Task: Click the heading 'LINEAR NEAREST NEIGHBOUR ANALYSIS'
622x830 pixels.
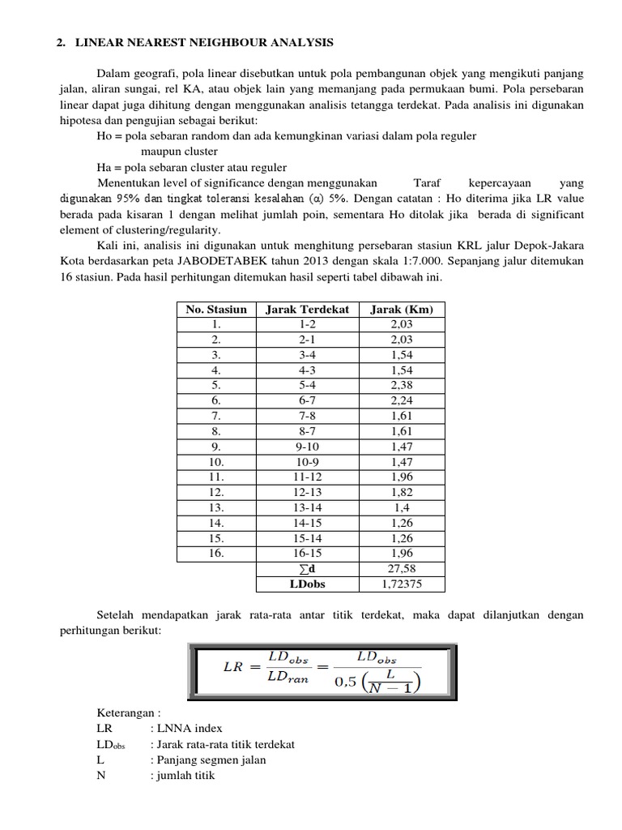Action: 204,41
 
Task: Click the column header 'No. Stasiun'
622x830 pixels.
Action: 215,309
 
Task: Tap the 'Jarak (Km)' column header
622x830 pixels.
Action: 402,309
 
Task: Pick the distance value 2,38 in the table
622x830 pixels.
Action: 402,385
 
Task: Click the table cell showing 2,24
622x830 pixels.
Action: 402,400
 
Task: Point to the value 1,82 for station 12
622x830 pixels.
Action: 402,492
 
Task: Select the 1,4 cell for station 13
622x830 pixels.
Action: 402,507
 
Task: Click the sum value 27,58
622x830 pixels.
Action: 402,568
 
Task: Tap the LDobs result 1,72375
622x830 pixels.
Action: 402,584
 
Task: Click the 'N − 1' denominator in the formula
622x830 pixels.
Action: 394,687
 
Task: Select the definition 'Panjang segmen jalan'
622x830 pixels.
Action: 208,759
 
